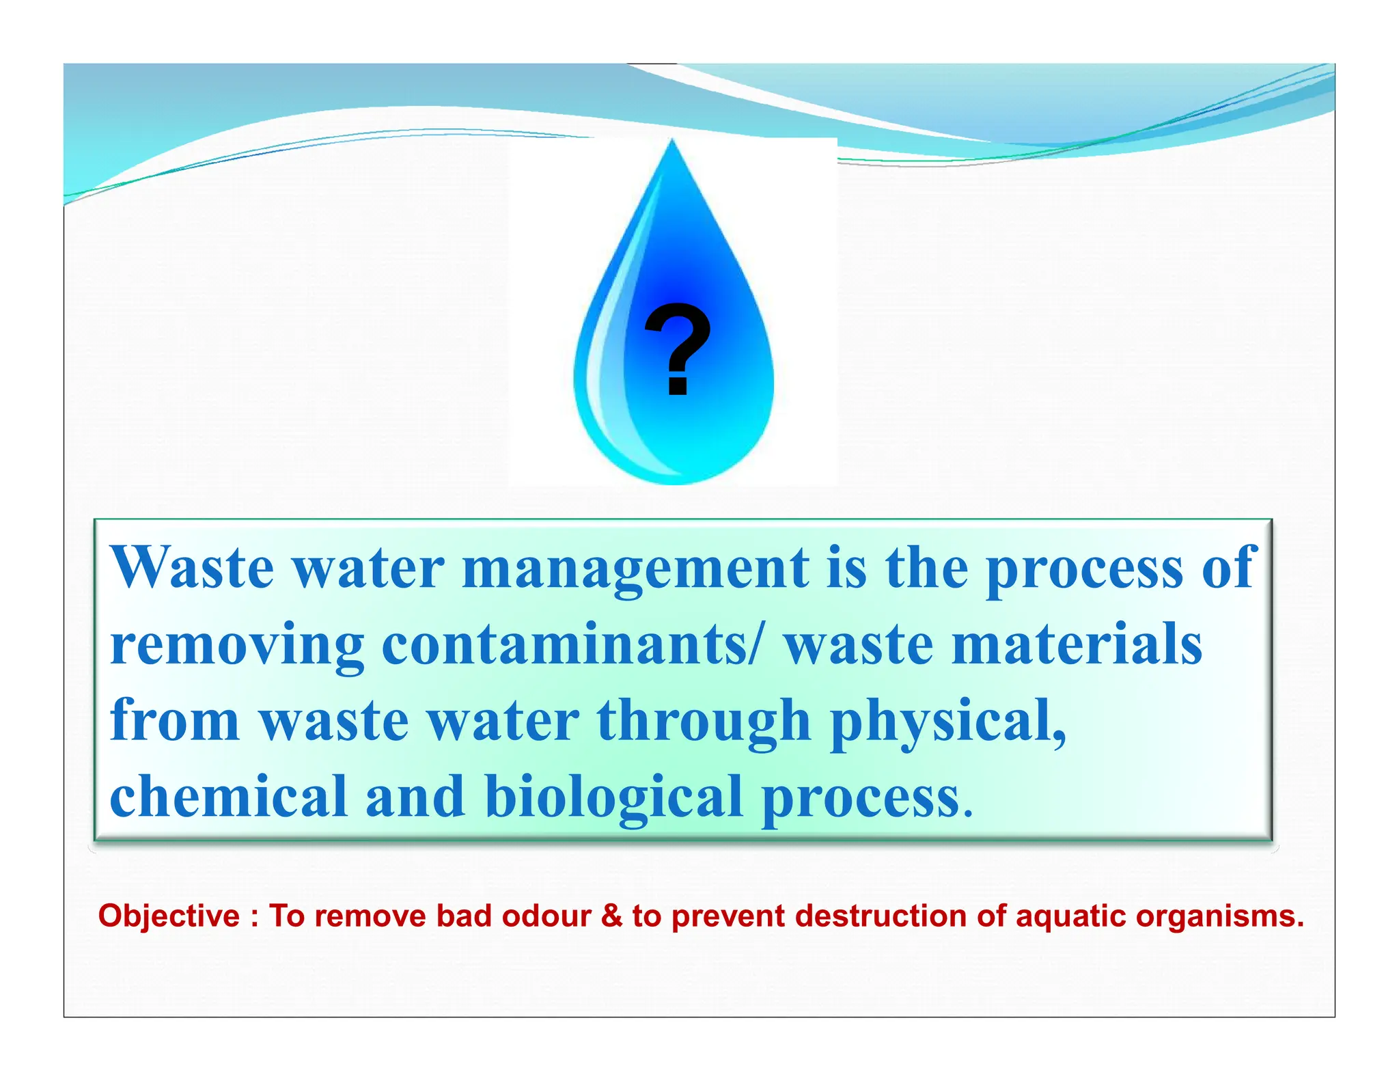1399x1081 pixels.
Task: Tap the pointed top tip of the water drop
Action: pos(673,141)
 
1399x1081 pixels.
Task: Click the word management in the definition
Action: pos(635,569)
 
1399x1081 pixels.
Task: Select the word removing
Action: pos(237,646)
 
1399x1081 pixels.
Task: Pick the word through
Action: pos(704,722)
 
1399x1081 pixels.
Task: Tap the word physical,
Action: pos(948,723)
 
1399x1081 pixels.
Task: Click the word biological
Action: pos(613,798)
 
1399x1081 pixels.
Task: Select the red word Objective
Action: pos(169,916)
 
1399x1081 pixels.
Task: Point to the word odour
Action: pos(546,916)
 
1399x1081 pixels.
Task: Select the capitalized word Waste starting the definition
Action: pos(193,569)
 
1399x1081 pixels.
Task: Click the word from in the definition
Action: pos(175,722)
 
